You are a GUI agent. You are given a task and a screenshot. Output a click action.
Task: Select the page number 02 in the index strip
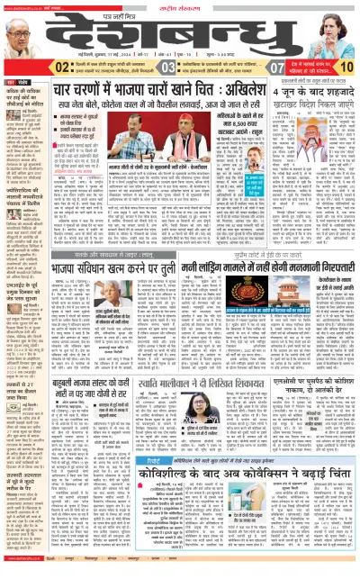tap(63, 67)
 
